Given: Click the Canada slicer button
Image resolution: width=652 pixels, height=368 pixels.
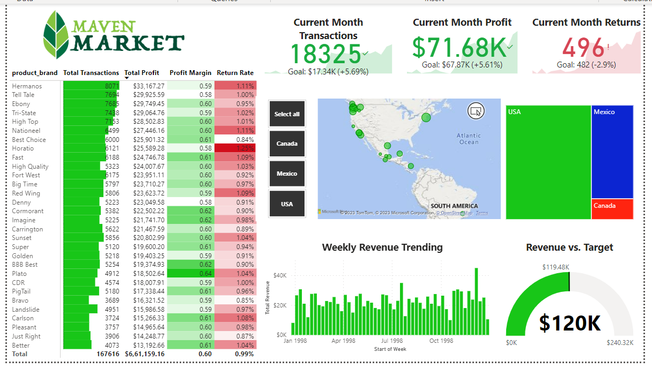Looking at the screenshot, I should tap(287, 144).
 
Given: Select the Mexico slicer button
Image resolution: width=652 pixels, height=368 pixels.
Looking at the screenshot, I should tap(287, 174).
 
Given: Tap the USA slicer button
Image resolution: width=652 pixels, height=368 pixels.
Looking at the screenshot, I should tap(287, 204).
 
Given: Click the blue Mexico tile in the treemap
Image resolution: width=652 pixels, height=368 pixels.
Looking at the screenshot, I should tap(612, 152).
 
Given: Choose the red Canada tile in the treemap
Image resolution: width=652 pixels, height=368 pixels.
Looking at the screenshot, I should tap(612, 209).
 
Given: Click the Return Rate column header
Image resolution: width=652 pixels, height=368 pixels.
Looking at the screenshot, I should tap(235, 73).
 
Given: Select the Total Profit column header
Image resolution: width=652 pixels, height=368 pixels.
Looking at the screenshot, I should tap(142, 73).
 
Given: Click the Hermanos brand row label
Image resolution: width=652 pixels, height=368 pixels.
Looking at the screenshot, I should tap(27, 86).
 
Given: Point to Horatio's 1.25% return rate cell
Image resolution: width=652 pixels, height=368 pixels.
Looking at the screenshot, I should tap(235, 148).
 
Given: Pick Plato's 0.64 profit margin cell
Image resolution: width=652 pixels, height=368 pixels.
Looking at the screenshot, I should tap(191, 274).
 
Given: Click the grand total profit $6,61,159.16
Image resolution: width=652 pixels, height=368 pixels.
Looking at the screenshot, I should tap(144, 354).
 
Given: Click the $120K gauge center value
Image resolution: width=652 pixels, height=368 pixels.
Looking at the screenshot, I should tap(569, 323).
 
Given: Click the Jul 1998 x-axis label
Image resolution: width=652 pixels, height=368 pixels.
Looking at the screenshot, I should tap(392, 341).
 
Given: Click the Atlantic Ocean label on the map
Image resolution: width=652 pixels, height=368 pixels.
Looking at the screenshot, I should tap(469, 139).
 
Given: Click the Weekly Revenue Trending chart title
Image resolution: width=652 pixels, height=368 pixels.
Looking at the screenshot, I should tap(382, 247).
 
